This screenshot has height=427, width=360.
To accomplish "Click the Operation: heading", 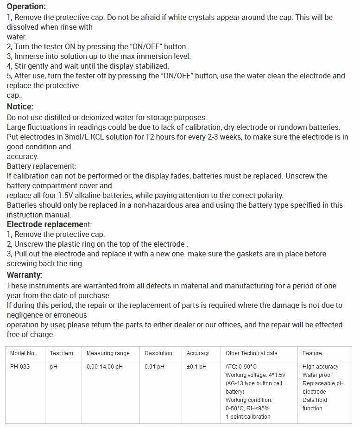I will (x=26, y=6).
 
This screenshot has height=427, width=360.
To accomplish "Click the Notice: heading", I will (x=20, y=107).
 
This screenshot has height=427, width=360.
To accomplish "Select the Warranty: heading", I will (x=25, y=275).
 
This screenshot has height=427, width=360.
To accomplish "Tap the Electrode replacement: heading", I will (x=52, y=224).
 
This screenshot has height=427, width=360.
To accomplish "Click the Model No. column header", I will (x=23, y=353).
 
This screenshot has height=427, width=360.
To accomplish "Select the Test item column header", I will (x=62, y=353).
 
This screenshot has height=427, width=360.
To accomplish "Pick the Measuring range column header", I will (x=108, y=353).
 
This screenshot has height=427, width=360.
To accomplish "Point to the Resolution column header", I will (x=158, y=353).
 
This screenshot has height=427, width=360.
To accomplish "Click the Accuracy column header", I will (x=198, y=353).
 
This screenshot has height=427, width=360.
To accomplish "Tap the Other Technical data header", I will (x=252, y=353).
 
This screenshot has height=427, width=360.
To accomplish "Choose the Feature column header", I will (x=312, y=353).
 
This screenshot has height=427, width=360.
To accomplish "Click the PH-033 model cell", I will (x=20, y=367).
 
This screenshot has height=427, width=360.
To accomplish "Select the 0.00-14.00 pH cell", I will (x=105, y=367).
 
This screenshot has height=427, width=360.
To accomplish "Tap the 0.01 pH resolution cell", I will (x=154, y=367).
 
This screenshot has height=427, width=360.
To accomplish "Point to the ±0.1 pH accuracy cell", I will (x=196, y=367).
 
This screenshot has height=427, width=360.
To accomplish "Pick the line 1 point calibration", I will (x=248, y=417).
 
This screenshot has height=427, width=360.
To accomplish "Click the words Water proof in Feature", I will (x=317, y=375).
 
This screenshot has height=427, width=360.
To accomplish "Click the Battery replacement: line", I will (x=41, y=166).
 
